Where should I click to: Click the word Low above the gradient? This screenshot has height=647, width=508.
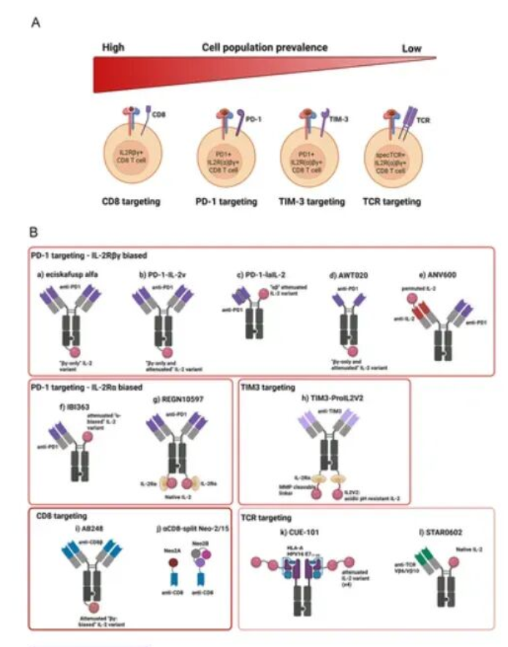(412, 48)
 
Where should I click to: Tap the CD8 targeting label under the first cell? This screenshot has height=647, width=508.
(134, 201)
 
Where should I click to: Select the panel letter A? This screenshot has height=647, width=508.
(35, 23)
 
